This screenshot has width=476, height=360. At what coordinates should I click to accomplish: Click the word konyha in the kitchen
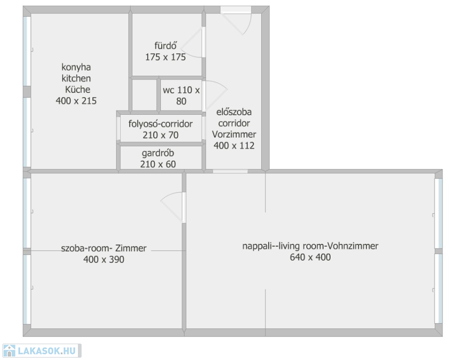click(76, 67)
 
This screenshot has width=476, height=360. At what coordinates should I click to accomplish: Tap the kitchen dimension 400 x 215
click(76, 101)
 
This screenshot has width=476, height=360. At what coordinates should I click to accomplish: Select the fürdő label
click(166, 45)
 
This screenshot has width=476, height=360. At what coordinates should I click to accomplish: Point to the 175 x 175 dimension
click(166, 57)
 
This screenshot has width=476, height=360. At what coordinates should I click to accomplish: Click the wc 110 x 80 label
click(181, 95)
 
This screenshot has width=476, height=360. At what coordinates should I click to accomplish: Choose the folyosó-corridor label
click(160, 124)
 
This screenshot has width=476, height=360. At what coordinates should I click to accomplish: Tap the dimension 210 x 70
click(160, 135)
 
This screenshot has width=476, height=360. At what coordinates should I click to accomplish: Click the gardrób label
click(158, 153)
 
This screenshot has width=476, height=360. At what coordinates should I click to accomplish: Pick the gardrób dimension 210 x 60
click(158, 164)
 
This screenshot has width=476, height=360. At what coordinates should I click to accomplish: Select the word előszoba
click(234, 112)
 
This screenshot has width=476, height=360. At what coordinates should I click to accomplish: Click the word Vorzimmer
click(234, 134)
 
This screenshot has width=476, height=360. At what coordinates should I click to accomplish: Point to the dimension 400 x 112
click(234, 146)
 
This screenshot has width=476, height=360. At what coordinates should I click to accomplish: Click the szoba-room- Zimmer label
click(104, 248)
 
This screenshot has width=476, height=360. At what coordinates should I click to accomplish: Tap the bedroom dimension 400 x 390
click(104, 260)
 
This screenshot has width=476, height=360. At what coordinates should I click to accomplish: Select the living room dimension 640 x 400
click(310, 257)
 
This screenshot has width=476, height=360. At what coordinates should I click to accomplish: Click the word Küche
click(78, 90)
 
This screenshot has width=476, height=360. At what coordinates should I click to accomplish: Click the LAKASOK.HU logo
click(42, 351)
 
